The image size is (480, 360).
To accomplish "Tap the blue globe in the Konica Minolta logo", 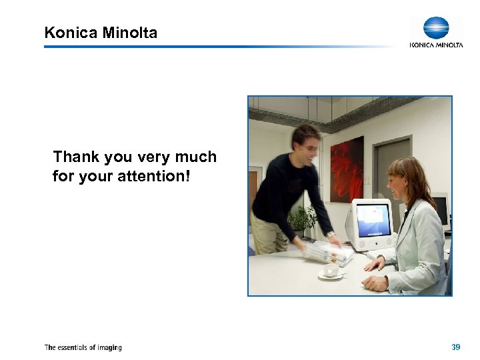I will pos(436,28).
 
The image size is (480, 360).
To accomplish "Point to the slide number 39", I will pos(455,347).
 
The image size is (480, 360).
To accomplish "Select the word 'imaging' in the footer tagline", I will pos(108,347).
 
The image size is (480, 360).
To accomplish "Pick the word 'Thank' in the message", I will pos(75,157).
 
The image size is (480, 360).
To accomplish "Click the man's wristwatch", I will pos(331,234).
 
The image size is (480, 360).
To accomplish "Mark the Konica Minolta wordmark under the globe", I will pos(436,45).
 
